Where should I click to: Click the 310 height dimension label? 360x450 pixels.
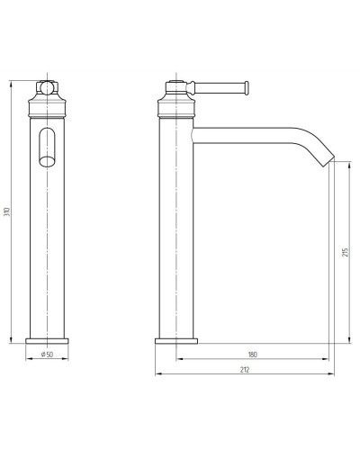(x=9, y=211)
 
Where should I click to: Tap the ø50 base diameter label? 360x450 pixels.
(x=47, y=355)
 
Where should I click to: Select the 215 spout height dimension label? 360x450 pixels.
(x=346, y=253)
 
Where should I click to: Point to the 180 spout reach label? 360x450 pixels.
(x=253, y=355)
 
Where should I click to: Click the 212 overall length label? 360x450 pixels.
(x=245, y=370)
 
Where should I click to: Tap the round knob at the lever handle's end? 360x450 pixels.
(x=247, y=87)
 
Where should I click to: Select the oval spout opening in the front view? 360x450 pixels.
(x=47, y=147)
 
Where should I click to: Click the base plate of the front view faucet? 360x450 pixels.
(x=47, y=341)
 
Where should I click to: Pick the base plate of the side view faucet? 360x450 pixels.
(x=176, y=341)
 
